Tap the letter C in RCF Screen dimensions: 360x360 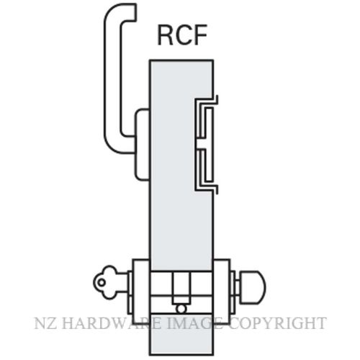[181, 35]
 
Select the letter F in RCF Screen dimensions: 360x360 [199, 35]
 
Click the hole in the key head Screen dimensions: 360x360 [102, 282]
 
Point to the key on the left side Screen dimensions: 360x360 [110, 282]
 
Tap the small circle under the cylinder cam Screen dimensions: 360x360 [181, 309]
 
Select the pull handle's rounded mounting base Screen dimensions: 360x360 [142, 145]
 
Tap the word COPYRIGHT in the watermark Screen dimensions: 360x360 [278, 323]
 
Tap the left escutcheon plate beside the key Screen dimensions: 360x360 [141, 291]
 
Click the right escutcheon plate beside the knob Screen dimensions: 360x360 [221, 291]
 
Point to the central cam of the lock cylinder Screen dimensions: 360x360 [181, 288]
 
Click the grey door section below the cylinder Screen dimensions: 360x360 [181, 334]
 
